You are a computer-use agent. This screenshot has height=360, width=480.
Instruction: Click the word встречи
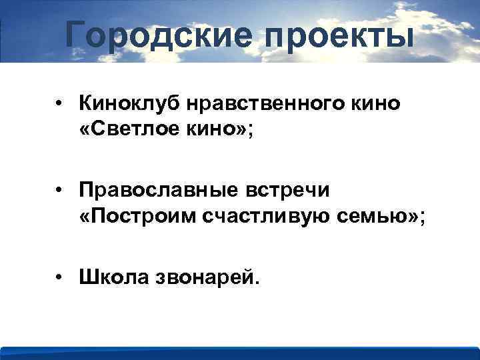292,190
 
